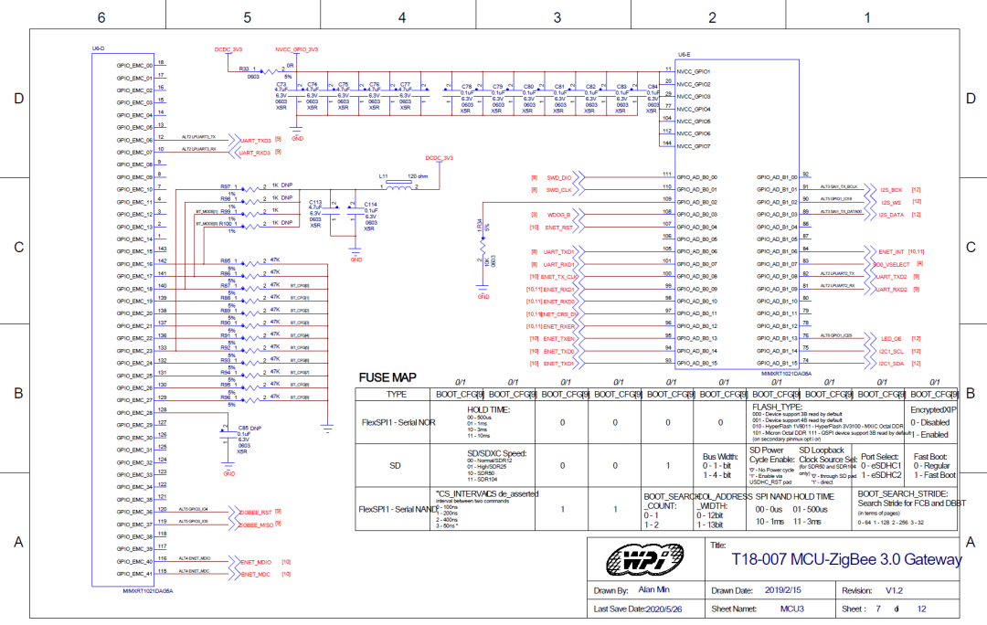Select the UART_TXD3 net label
pos(255,141)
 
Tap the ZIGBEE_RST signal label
pos(256,513)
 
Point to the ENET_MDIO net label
pos(256,561)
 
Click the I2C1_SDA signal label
pos(891,364)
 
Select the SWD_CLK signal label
pos(558,189)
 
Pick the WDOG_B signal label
pos(559,215)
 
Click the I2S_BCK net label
pos(891,189)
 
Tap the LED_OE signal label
pos(891,338)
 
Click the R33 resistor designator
pos(244,69)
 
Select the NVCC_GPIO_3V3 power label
pos(296,48)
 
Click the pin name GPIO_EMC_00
pos(134,66)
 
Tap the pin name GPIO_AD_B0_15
pos(697,364)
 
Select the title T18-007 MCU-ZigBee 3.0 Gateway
pos(846,559)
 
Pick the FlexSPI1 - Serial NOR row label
pos(397,423)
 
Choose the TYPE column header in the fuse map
pos(397,394)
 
